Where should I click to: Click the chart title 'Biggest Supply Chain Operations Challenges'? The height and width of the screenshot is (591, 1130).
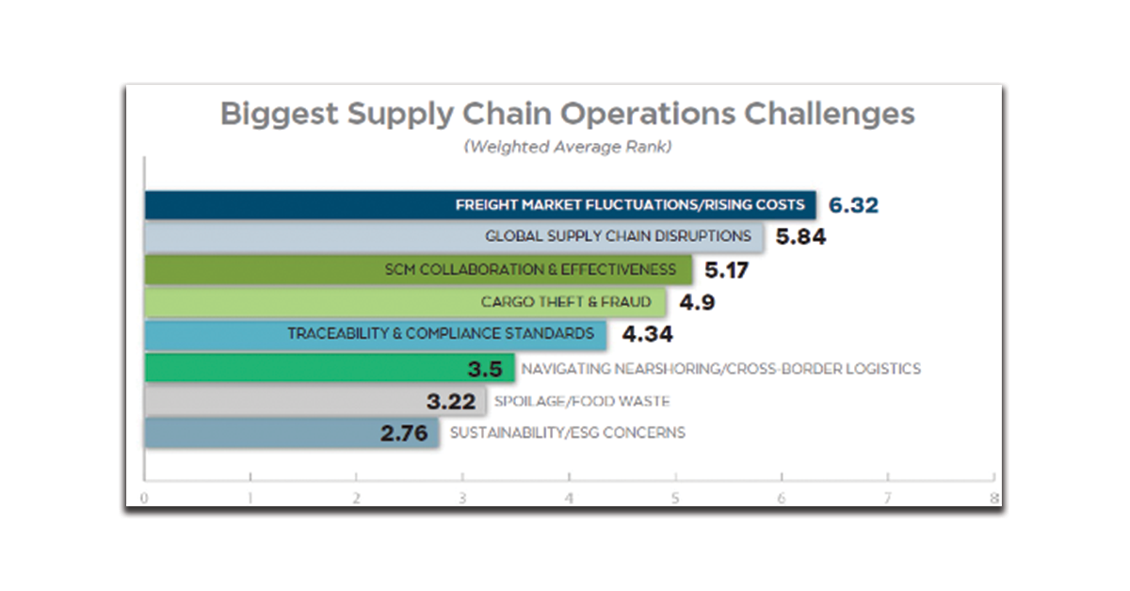click(x=567, y=115)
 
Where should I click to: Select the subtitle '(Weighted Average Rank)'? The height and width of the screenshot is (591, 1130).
click(x=566, y=147)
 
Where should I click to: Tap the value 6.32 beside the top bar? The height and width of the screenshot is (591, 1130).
click(x=854, y=204)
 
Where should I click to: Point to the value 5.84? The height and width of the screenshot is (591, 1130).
click(x=800, y=236)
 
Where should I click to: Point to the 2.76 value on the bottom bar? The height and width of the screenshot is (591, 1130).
click(x=402, y=433)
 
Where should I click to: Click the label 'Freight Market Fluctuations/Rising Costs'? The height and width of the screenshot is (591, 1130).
click(x=630, y=204)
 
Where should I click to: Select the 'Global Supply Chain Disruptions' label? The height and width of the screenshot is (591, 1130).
click(x=618, y=236)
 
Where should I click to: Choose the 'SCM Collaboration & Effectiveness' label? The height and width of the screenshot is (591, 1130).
click(x=530, y=270)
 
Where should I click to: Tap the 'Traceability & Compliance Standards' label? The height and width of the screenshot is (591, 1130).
click(x=441, y=334)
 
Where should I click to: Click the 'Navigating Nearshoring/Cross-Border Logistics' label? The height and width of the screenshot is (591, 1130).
click(x=720, y=368)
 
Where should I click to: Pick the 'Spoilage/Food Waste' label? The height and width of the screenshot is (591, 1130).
click(x=582, y=401)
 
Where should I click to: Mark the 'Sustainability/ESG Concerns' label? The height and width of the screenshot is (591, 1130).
click(x=568, y=433)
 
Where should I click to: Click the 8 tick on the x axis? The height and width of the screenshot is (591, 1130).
click(x=993, y=499)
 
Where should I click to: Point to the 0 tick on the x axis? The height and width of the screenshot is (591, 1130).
click(x=144, y=499)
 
